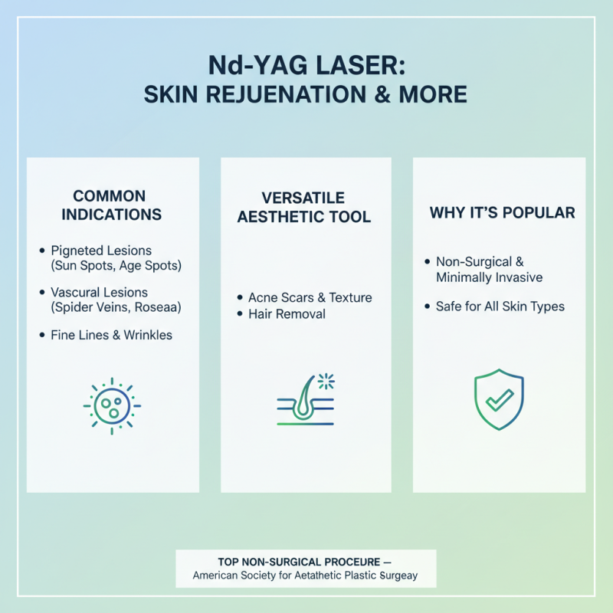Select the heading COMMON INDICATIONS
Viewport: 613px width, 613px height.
pyautogui.click(x=113, y=205)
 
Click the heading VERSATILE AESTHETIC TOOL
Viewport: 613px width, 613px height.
pyautogui.click(x=304, y=207)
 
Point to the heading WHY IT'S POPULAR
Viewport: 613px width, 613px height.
pyautogui.click(x=502, y=212)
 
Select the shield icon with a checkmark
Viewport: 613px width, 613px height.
pyautogui.click(x=499, y=399)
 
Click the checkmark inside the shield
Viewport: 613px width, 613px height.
pyautogui.click(x=500, y=400)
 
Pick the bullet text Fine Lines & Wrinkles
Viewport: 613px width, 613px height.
pyautogui.click(x=111, y=334)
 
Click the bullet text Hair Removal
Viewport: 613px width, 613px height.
pyautogui.click(x=287, y=313)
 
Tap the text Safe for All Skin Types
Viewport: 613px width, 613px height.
pyautogui.click(x=500, y=306)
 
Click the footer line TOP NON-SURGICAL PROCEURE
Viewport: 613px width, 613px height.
pyautogui.click(x=306, y=560)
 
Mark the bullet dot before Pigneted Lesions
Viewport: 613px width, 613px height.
pyautogui.click(x=41, y=251)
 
